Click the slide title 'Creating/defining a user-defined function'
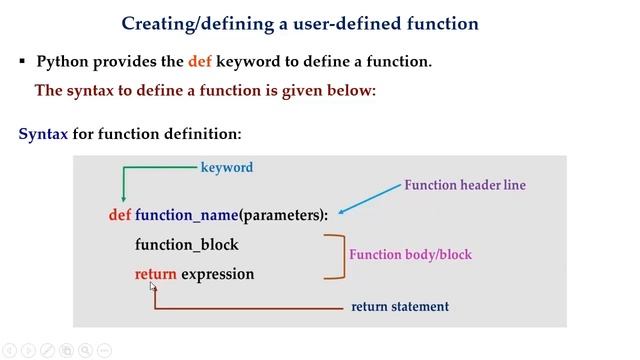coord(299,22)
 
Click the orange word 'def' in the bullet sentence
coord(200,62)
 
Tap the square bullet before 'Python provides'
coord(22,62)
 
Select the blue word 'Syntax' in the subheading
coord(43,133)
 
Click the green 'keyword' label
coord(227,168)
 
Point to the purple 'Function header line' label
coord(464,185)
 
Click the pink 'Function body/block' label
coord(410,255)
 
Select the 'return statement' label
coord(400,307)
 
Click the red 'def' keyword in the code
coord(120,215)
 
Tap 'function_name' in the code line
coord(186,215)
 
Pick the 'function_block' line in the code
coord(186,245)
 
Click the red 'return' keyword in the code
coord(155,274)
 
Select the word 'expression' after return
coord(218,274)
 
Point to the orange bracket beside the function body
coord(338,256)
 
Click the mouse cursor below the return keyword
coord(153,287)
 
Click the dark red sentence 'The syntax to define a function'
coord(205,91)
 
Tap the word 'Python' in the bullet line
coord(64,62)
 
